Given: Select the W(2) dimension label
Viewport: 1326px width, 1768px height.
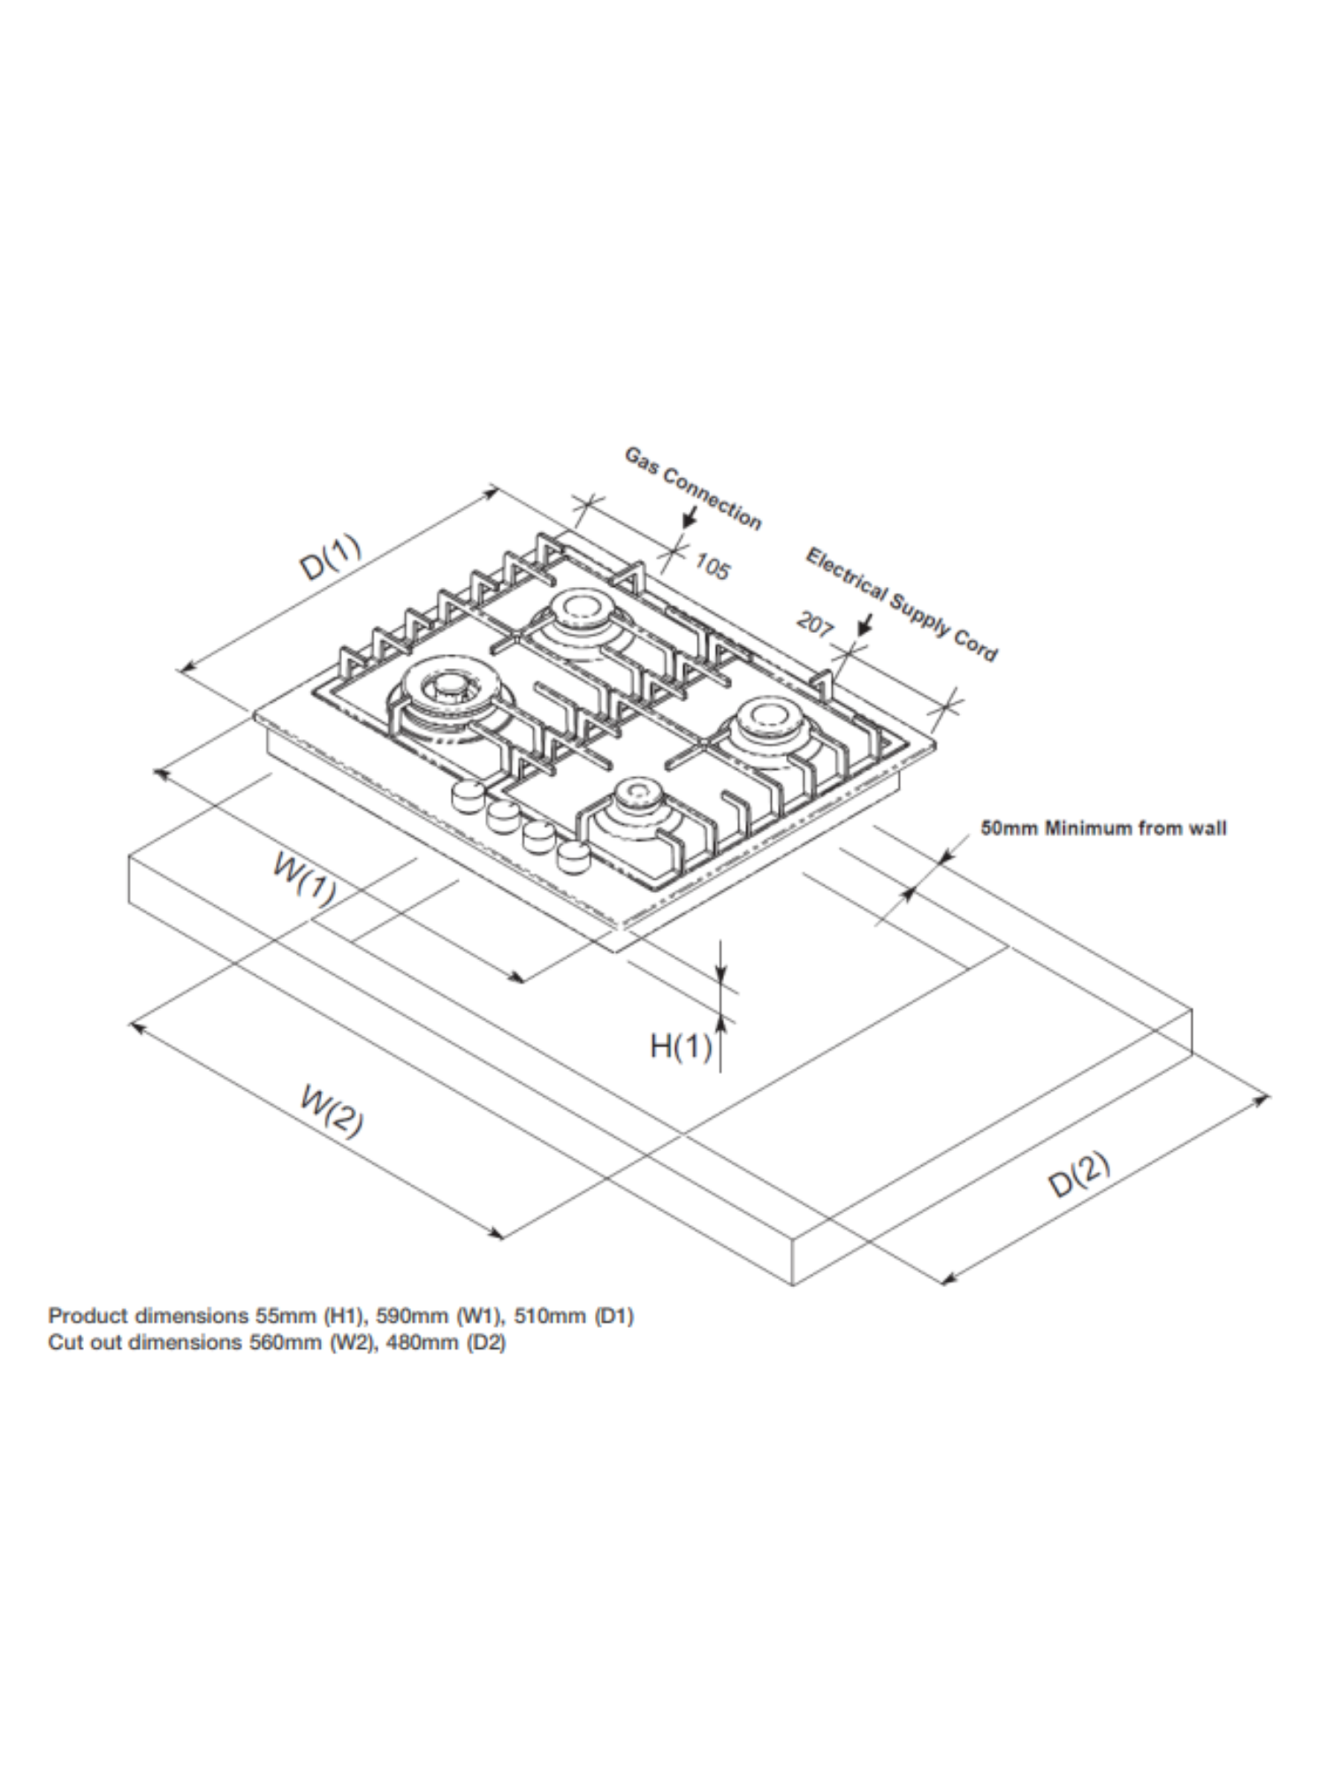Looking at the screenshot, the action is point(331,1112).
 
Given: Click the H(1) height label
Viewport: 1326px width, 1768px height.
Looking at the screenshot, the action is point(681,1047).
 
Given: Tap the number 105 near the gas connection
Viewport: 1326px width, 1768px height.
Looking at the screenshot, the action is point(712,566).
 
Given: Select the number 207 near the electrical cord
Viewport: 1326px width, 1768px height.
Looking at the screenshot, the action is point(815,624).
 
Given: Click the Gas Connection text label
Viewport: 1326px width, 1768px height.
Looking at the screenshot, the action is point(693,488).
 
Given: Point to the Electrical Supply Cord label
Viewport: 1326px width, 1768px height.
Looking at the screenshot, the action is point(901,604).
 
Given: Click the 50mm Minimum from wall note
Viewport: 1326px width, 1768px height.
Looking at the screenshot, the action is point(1103,828).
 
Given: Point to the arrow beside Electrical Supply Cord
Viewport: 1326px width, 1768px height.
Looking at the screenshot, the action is point(864,624).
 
